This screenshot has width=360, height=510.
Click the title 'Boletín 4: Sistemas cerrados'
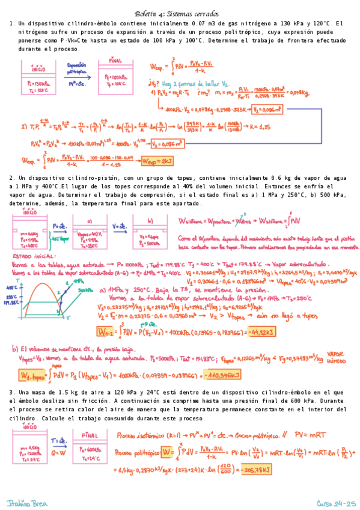coord(180,13)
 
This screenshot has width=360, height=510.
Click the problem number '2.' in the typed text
coord(12,178)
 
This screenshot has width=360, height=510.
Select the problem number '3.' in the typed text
coord(12,392)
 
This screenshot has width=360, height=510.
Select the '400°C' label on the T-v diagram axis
coord(17,287)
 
